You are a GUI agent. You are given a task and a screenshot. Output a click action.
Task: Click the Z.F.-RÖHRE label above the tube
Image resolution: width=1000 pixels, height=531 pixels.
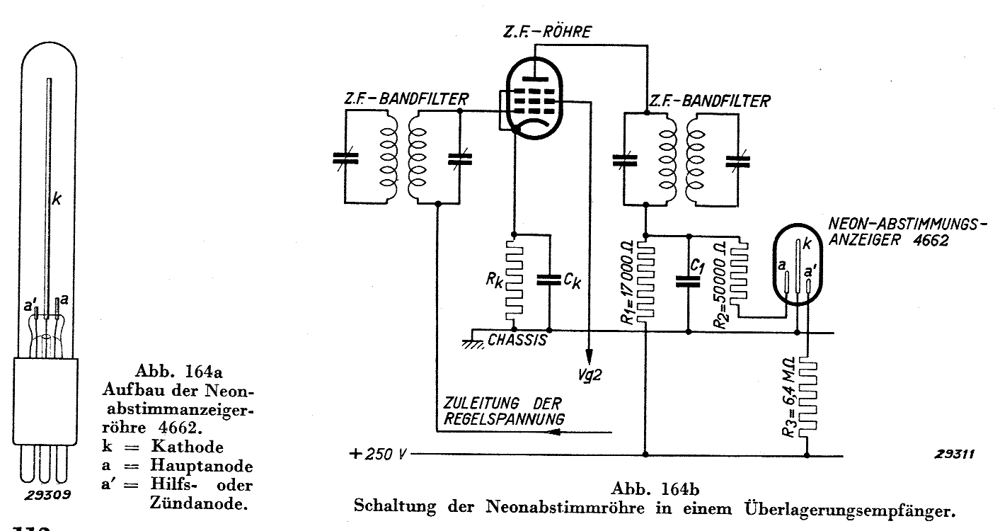(x=547, y=32)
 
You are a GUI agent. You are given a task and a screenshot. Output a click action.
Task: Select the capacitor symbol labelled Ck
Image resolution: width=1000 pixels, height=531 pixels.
(x=549, y=280)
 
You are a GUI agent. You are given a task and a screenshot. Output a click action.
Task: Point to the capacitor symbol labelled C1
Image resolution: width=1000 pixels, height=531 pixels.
(x=689, y=281)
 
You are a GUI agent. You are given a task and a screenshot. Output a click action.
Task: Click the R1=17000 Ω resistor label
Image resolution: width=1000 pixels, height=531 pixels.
(x=627, y=282)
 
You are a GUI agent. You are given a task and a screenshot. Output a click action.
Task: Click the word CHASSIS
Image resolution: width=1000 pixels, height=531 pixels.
(x=517, y=341)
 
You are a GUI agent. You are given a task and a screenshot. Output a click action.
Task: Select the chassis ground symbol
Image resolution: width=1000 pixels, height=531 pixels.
(x=472, y=341)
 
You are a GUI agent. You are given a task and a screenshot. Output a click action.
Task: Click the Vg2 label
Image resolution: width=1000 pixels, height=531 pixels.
(x=590, y=375)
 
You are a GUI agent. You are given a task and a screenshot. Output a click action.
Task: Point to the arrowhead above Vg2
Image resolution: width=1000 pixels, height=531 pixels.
(x=590, y=355)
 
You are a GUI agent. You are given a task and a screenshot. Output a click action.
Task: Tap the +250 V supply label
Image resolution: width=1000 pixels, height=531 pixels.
(x=379, y=455)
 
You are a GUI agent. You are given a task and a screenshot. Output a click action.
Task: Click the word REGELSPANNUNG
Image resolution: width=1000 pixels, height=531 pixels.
(x=504, y=419)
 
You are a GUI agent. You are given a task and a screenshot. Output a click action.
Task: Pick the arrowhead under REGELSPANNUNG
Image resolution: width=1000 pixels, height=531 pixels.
(x=555, y=432)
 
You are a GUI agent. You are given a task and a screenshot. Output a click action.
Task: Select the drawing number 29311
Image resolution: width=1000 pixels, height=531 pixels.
(x=955, y=455)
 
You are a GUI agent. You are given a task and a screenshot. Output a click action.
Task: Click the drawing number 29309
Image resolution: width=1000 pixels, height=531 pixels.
(x=47, y=495)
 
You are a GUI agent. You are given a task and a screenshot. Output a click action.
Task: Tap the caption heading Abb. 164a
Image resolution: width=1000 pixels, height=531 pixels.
(x=178, y=371)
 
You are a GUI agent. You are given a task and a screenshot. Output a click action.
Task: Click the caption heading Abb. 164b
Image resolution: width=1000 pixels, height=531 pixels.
(x=655, y=489)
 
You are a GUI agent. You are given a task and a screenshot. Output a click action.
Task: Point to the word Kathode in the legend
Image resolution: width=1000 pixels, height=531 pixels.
(x=188, y=447)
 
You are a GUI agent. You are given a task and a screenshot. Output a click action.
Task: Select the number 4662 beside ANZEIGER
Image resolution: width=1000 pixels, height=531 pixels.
(x=931, y=240)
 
